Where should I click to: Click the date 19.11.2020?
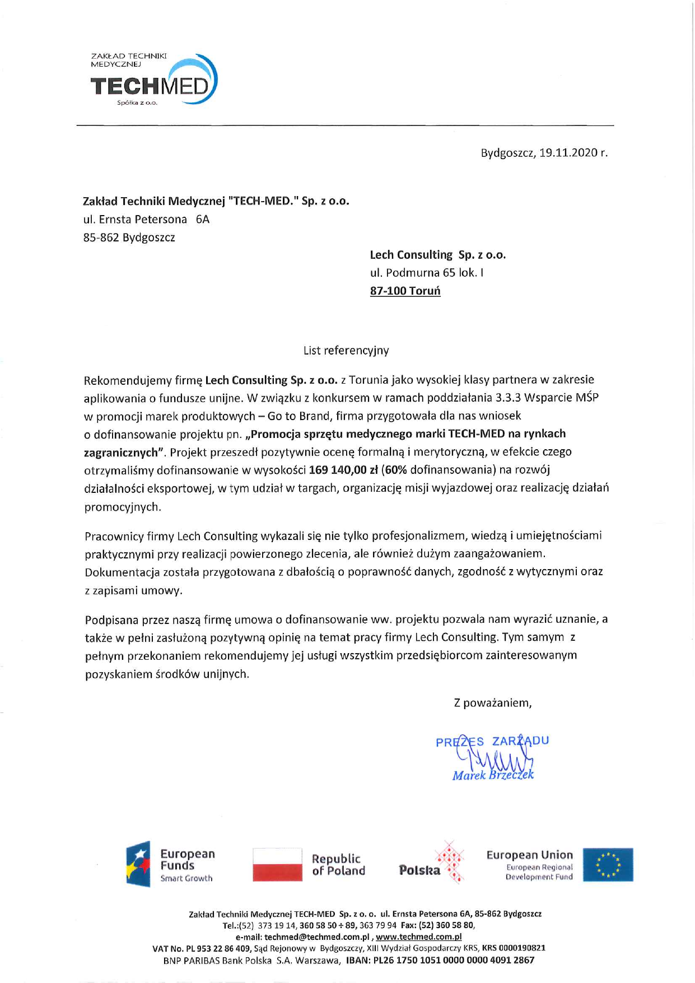tap(568, 153)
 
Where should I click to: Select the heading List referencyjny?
tap(346, 351)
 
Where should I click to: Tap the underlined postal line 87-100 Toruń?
tap(405, 291)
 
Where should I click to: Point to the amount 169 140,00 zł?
tap(342, 469)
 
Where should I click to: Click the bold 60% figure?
tap(395, 469)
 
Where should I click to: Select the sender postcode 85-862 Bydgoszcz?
tap(129, 237)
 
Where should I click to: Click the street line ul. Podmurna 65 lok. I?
tap(426, 273)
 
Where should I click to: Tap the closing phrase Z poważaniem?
tap(492, 703)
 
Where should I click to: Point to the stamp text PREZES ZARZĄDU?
tap(492, 742)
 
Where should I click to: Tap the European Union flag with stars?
tap(608, 864)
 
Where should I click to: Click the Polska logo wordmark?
tap(419, 870)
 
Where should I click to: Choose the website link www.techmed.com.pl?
tap(418, 937)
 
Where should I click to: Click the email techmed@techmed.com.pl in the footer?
tap(317, 937)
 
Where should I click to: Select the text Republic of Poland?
tap(338, 865)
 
